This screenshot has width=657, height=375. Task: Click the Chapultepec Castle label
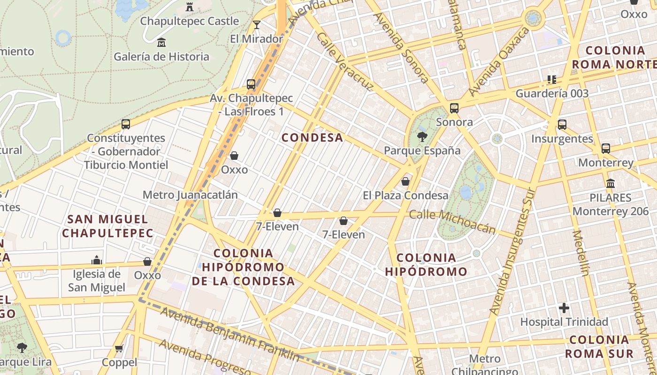190,21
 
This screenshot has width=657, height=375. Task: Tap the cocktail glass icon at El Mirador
256,25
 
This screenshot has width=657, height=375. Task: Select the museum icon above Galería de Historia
161,43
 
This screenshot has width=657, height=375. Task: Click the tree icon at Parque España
422,137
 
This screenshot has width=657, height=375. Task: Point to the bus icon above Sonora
454,108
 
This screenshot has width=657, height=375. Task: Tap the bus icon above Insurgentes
562,125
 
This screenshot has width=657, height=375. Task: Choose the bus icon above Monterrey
605,149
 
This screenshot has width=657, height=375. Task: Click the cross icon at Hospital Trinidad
564,308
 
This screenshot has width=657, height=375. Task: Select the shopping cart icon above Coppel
119,348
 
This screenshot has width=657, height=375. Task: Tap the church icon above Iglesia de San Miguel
97,260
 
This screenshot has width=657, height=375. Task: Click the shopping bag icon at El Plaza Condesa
405,181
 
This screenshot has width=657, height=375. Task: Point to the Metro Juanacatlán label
190,195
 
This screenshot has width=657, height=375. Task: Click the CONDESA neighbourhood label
312,137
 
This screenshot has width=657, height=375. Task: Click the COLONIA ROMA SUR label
599,346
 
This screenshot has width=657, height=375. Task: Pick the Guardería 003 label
552,93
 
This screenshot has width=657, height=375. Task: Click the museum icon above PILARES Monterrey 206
610,183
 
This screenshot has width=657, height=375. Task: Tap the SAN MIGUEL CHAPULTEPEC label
107,225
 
